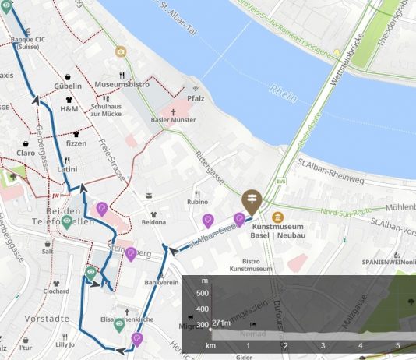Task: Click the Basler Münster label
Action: click(173, 121)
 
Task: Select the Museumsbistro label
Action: click(122, 83)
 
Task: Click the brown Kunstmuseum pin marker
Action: click(252, 202)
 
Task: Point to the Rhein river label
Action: click(278, 91)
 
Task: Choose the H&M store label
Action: click(69, 109)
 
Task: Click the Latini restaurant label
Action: click(67, 168)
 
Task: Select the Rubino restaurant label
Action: click(197, 203)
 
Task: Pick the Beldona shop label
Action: click(153, 222)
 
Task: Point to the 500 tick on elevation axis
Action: click(203, 293)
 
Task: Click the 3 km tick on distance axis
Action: click(323, 344)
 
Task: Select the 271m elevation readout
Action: click(222, 323)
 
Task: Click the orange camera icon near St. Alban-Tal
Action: click(121, 51)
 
